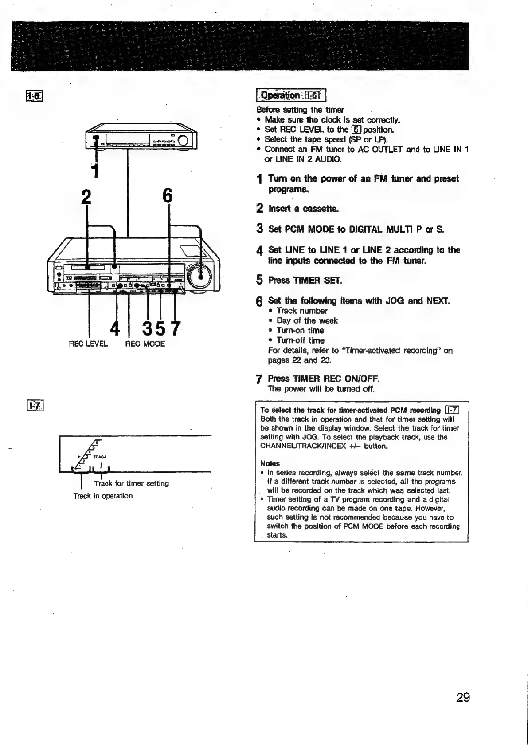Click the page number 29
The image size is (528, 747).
pyautogui.click(x=462, y=697)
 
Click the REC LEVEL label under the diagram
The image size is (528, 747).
pyautogui.click(x=88, y=344)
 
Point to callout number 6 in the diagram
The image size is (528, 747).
pyautogui.click(x=167, y=196)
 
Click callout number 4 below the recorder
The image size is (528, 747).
pyautogui.click(x=114, y=328)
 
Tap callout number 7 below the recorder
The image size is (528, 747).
pyautogui.click(x=176, y=328)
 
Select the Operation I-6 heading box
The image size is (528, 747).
pyautogui.click(x=291, y=95)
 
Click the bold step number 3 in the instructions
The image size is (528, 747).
pyautogui.click(x=260, y=229)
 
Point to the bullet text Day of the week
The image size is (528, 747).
pyautogui.click(x=307, y=320)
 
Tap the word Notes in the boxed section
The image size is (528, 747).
pyautogui.click(x=267, y=463)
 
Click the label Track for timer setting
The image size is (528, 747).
pyautogui.click(x=131, y=483)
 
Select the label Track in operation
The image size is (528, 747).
pyautogui.click(x=103, y=496)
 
